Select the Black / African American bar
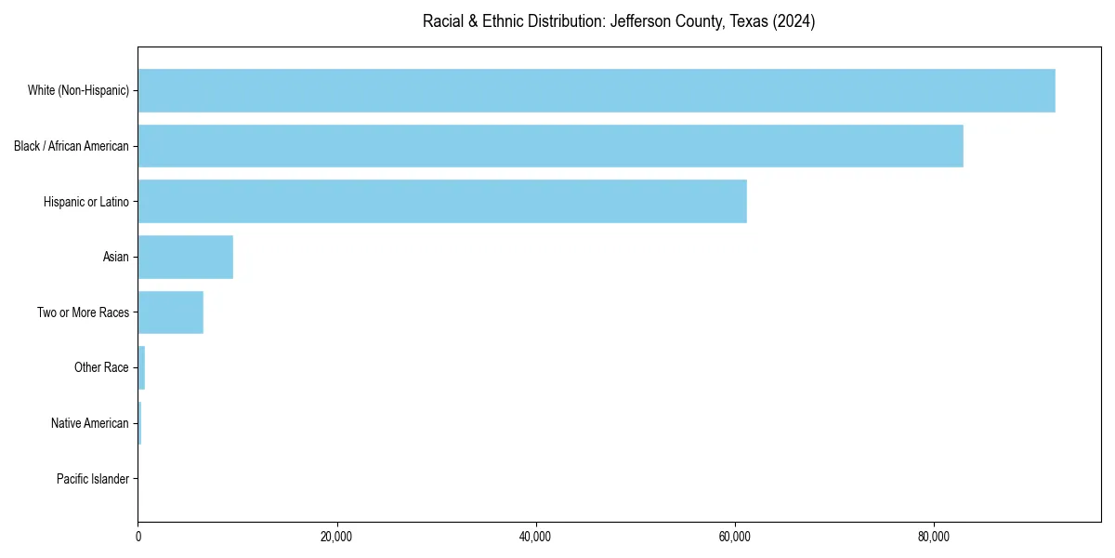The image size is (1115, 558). coord(550,146)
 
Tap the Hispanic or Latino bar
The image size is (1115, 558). coord(442,201)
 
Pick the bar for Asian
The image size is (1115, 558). coord(185,257)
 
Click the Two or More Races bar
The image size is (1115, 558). coord(170,312)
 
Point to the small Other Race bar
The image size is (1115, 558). coord(141,367)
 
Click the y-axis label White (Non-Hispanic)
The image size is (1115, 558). coord(78,90)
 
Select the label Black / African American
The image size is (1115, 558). coord(72,146)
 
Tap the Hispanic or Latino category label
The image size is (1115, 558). coord(86,201)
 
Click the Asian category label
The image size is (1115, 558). coord(116,257)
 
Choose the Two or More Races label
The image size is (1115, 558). coord(83,312)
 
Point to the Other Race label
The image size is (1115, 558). coord(101,367)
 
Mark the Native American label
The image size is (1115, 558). coord(90,423)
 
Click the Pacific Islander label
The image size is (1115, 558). coord(92,479)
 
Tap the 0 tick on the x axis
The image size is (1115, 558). coord(138,537)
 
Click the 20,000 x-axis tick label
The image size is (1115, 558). coord(336,537)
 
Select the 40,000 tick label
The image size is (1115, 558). coord(536,537)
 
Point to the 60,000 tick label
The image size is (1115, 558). coord(735,537)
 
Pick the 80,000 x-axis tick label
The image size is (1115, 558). coord(934,537)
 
